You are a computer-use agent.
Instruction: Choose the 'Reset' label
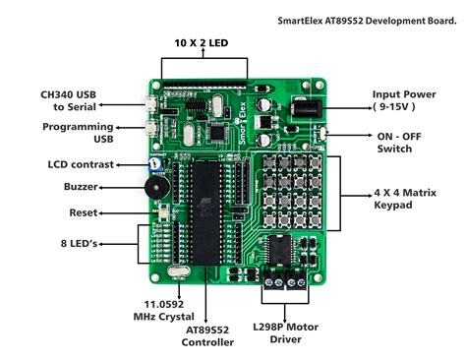point(84,212)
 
